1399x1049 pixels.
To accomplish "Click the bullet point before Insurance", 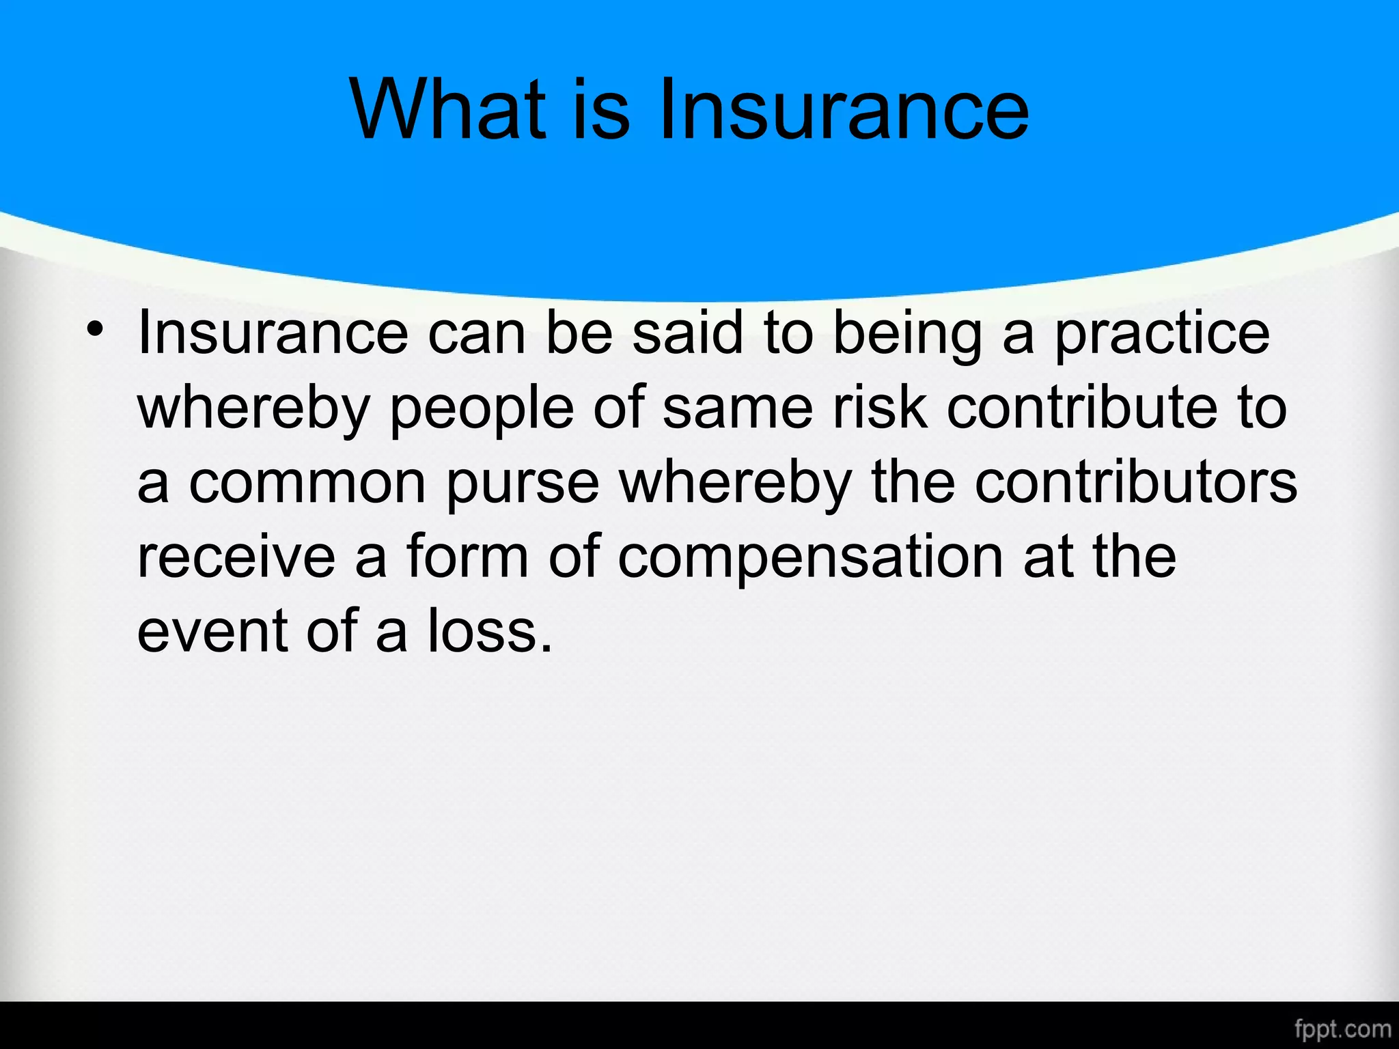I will click(x=95, y=330).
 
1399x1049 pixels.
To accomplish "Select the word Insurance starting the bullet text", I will click(x=273, y=333).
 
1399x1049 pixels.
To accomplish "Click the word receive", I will click(x=236, y=557).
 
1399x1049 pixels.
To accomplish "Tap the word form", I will click(x=467, y=557).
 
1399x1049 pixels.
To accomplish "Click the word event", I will click(x=212, y=631).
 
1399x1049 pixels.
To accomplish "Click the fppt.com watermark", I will click(x=1342, y=1029).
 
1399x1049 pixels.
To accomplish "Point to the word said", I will click(x=687, y=333).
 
